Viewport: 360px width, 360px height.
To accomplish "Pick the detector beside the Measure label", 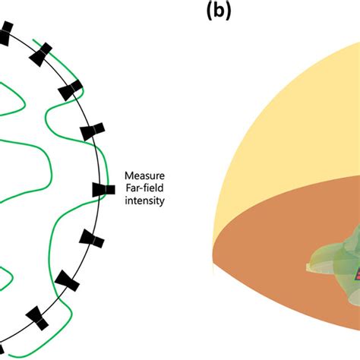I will (100, 190).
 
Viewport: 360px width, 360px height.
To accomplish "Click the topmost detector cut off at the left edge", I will (5, 31).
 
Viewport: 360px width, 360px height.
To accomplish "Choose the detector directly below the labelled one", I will (92, 241).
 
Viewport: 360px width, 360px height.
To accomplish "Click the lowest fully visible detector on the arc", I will (37, 317).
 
